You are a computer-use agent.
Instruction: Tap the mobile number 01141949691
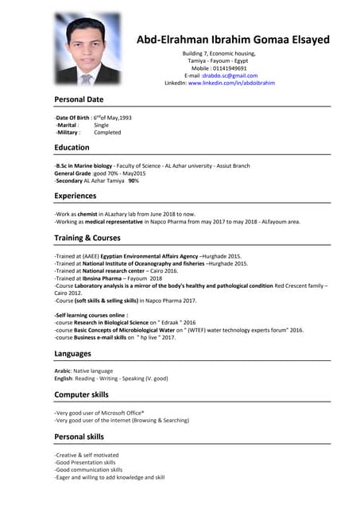(x=230, y=68)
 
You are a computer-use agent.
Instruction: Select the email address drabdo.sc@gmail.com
(x=230, y=76)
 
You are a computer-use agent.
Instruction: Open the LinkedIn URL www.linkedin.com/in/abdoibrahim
(x=231, y=83)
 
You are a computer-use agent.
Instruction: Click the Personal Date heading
(x=79, y=99)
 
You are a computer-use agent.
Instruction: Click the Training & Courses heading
(x=87, y=238)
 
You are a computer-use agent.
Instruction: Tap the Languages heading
(x=72, y=353)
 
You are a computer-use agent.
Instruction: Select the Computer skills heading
(x=82, y=394)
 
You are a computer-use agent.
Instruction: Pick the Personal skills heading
(x=79, y=437)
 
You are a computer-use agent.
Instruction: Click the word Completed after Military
(x=107, y=133)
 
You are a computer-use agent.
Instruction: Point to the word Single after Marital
(x=102, y=125)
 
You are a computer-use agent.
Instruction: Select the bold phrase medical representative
(x=134, y=222)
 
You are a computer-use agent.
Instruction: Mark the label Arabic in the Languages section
(x=63, y=371)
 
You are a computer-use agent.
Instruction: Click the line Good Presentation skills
(x=86, y=462)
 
